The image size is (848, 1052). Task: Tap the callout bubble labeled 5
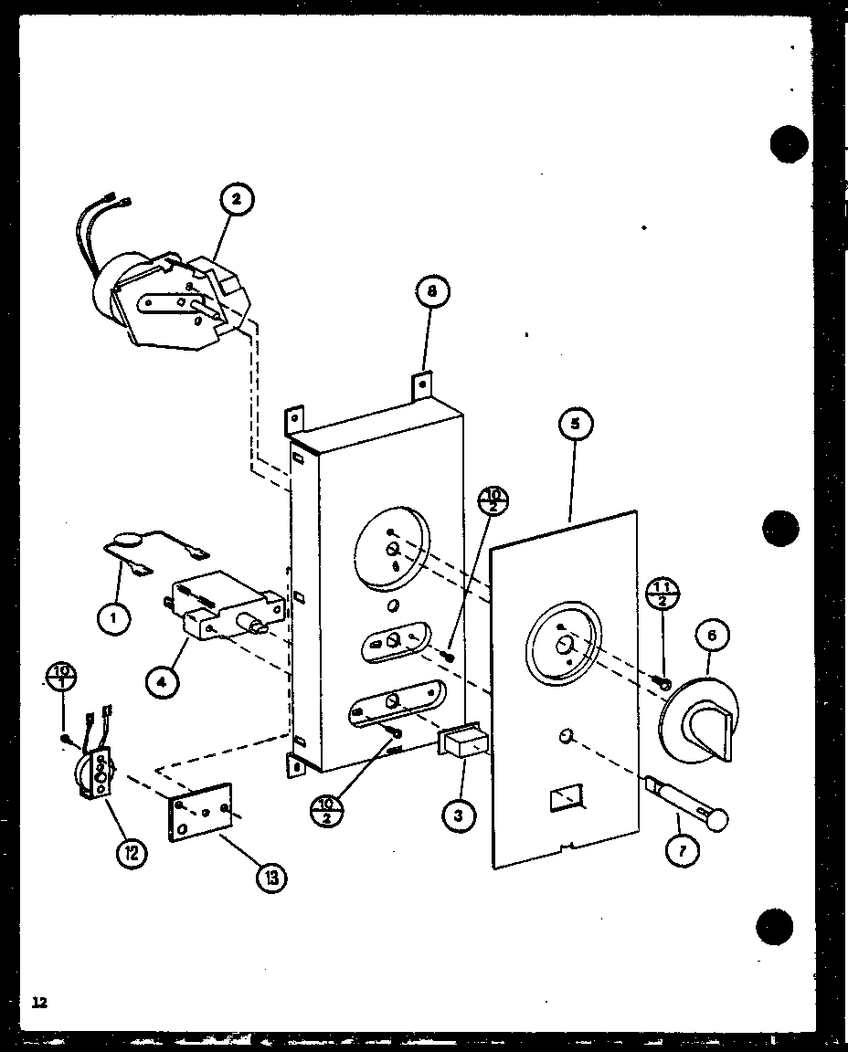(x=575, y=424)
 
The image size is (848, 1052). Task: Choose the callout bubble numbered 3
(x=458, y=815)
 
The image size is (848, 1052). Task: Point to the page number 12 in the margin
(x=38, y=1002)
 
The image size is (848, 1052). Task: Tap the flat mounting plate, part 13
(x=200, y=811)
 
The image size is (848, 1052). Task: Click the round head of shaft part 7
(x=720, y=819)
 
